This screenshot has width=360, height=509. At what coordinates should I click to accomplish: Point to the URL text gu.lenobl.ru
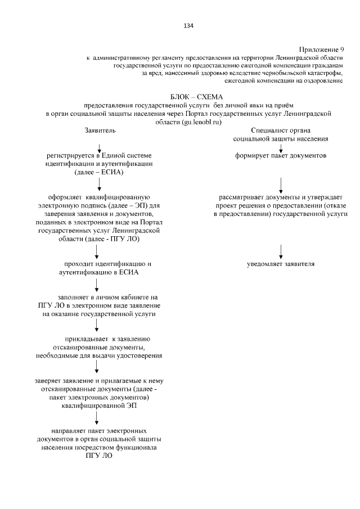pyautogui.click(x=200, y=121)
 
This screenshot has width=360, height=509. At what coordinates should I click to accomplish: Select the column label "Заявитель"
pyautogui.click(x=100, y=130)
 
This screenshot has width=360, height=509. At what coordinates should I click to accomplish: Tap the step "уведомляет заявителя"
pyautogui.click(x=281, y=264)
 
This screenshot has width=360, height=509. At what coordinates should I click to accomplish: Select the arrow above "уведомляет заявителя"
pyautogui.click(x=281, y=250)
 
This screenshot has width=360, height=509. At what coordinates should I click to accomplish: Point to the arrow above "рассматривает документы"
pyautogui.click(x=281, y=184)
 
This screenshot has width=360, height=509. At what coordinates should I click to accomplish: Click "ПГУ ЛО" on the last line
pyautogui.click(x=96, y=456)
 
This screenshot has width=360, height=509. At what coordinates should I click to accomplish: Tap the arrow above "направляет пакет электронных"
pyautogui.click(x=97, y=417)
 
